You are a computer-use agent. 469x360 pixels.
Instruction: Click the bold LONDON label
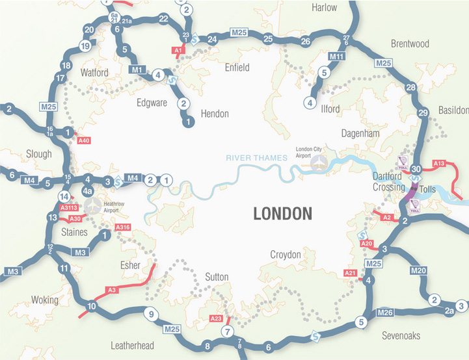point(282,213)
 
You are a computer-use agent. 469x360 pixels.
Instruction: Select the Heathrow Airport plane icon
point(94,206)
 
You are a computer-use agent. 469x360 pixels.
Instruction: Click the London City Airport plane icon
point(318,164)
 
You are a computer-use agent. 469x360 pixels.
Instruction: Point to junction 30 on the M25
point(417,170)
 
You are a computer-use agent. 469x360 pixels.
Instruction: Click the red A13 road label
point(439,163)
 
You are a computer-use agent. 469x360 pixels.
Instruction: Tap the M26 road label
point(386,313)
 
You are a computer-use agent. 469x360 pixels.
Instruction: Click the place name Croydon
point(286,255)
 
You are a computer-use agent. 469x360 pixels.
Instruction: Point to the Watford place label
point(94,72)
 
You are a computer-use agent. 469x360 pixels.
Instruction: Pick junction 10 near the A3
point(92,306)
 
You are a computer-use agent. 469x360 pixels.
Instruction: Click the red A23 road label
point(216,318)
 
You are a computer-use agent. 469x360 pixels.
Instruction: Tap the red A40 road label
point(83,140)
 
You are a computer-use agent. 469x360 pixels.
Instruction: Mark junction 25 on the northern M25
point(268,40)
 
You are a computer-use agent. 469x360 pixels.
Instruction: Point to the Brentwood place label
point(410,44)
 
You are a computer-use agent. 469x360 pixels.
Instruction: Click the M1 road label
point(137,69)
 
